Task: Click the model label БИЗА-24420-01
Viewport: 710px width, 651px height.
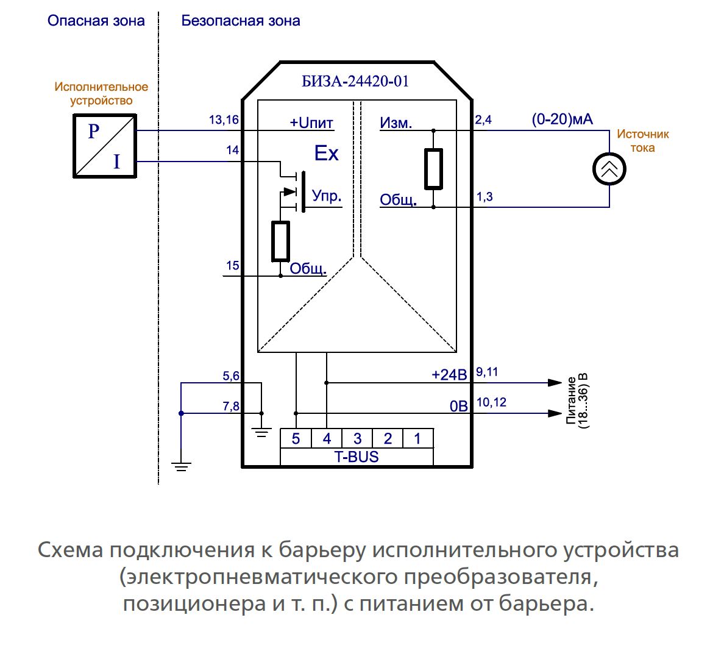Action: pyautogui.click(x=355, y=81)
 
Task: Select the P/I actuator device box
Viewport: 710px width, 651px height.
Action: pyautogui.click(x=104, y=145)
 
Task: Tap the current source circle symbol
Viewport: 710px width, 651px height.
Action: pyautogui.click(x=609, y=169)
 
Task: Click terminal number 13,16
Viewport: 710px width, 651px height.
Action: pyautogui.click(x=224, y=120)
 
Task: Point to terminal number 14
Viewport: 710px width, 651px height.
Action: pyautogui.click(x=232, y=151)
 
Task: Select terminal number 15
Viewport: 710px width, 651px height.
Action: pyautogui.click(x=232, y=266)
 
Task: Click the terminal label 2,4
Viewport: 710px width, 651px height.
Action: pyautogui.click(x=483, y=120)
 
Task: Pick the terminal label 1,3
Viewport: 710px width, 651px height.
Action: pyautogui.click(x=484, y=197)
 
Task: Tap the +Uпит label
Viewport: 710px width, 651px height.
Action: pyautogui.click(x=311, y=123)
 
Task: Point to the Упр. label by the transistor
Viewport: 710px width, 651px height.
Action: pyautogui.click(x=327, y=196)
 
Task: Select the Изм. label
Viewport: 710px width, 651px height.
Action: pyautogui.click(x=396, y=123)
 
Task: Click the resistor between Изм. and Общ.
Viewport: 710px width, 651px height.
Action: pyautogui.click(x=433, y=168)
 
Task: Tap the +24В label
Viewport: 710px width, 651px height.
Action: pyautogui.click(x=449, y=374)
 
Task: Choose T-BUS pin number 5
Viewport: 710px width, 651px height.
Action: pyautogui.click(x=296, y=438)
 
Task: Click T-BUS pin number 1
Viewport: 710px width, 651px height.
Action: pyautogui.click(x=417, y=438)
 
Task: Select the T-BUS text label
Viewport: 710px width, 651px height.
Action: pyautogui.click(x=356, y=457)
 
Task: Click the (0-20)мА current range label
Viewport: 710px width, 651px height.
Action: pyautogui.click(x=562, y=119)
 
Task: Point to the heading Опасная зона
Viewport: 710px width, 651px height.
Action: pyautogui.click(x=96, y=21)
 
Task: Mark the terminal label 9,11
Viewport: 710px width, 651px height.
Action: pyautogui.click(x=486, y=372)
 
